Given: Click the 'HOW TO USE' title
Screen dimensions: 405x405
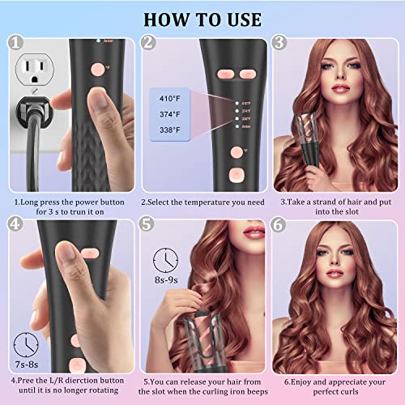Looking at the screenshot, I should point(202,17).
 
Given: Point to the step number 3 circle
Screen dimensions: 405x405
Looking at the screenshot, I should point(279,43).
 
